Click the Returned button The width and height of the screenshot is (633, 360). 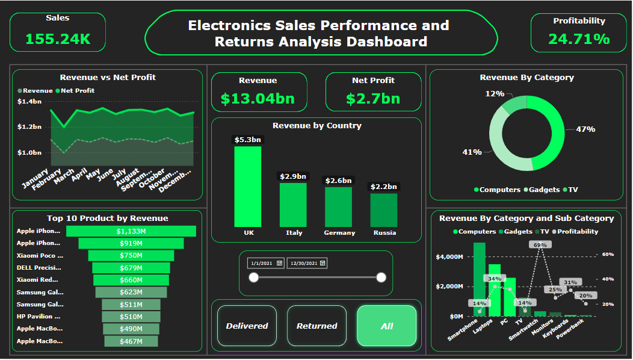[x=316, y=326]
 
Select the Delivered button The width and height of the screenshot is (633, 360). [x=247, y=326]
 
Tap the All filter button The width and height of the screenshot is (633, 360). [x=386, y=326]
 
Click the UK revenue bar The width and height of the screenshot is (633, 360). [x=248, y=186]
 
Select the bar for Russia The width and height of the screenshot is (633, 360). [x=384, y=209]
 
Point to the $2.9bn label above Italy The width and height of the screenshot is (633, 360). [x=293, y=176]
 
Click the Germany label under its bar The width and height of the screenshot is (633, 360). [x=339, y=232]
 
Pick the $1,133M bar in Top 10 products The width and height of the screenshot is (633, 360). [x=131, y=231]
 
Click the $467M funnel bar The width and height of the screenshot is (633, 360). [x=131, y=341]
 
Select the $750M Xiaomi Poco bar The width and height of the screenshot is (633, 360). [x=131, y=255]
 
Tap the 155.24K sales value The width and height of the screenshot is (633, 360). [x=58, y=39]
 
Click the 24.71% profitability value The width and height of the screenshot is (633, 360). [x=579, y=39]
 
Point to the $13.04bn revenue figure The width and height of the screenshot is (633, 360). [x=258, y=99]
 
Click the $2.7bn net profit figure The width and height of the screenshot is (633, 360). [x=373, y=99]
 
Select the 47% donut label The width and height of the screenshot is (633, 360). [x=585, y=129]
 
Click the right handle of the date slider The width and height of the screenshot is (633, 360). [x=381, y=277]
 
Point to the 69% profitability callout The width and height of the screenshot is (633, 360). [x=540, y=244]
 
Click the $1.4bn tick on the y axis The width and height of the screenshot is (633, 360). [x=29, y=101]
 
